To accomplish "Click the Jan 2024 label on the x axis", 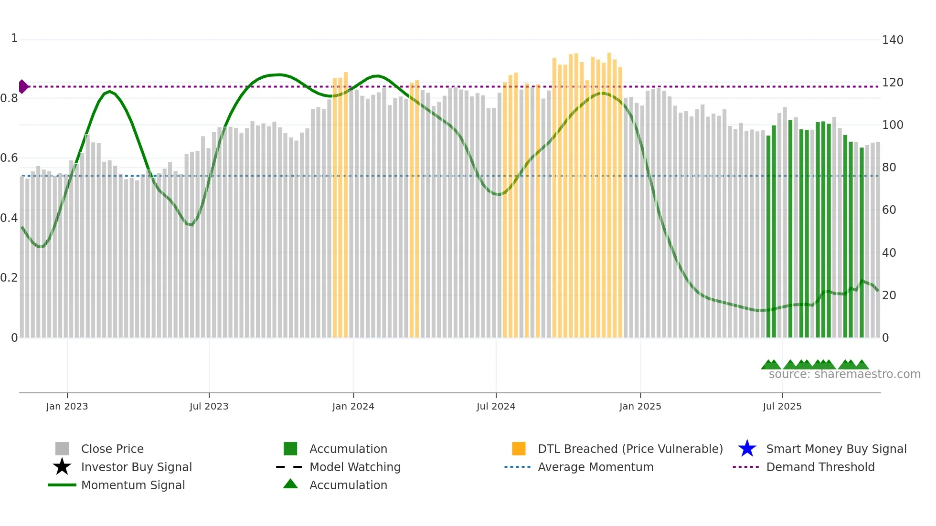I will click(353, 406).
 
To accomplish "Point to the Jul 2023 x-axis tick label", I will click(209, 406).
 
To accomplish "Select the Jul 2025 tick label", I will click(782, 406).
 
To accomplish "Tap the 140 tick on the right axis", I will click(892, 40).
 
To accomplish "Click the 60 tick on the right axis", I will click(889, 210).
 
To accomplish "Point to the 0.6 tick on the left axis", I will click(9, 158).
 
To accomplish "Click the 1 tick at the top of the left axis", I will click(14, 38).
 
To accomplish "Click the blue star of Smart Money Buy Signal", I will click(747, 449).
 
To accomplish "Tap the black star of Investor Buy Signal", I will click(62, 467).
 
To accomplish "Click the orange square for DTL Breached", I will click(519, 449).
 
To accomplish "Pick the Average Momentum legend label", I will click(596, 467).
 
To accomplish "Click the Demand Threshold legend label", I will click(820, 467).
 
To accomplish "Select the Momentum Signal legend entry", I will click(133, 485).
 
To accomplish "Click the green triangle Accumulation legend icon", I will click(290, 484).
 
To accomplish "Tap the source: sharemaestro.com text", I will click(844, 374).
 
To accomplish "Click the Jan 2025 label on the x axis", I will click(640, 406).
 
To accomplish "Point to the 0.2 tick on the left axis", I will click(9, 278).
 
